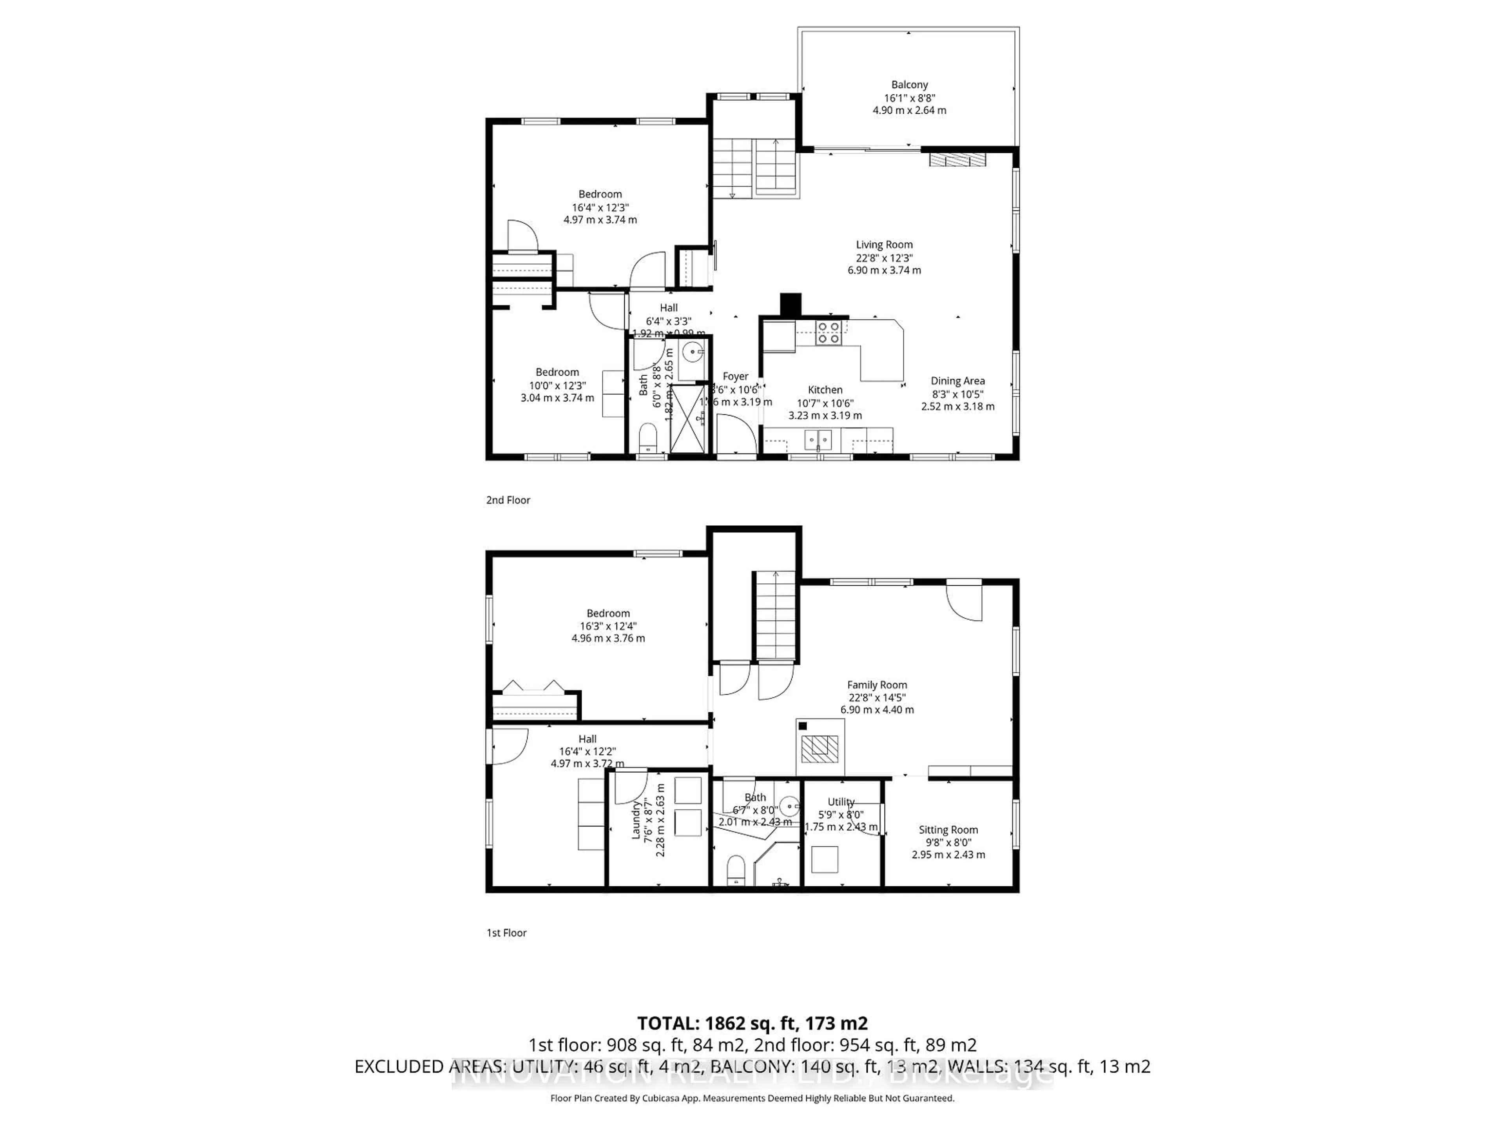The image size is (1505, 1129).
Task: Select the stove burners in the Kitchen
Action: click(x=828, y=333)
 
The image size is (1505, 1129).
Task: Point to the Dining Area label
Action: click(x=957, y=381)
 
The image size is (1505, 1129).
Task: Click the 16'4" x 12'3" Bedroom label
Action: click(x=600, y=194)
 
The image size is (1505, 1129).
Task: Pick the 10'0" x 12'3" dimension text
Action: click(x=557, y=385)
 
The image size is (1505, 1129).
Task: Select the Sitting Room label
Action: click(x=948, y=830)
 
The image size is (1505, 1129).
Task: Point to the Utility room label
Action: click(x=841, y=802)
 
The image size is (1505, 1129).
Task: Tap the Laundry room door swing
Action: click(x=629, y=786)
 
